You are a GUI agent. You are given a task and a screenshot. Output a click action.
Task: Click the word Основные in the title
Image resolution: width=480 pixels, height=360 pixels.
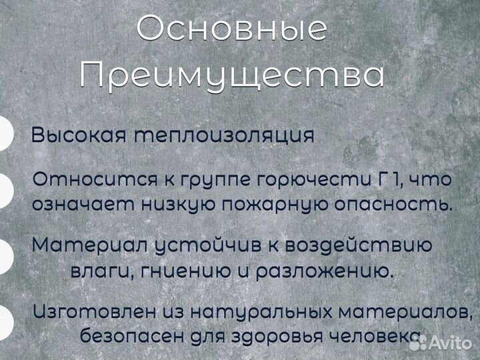tap(232, 29)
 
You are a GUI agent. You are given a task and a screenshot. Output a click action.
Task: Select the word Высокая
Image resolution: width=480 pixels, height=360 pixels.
tap(79, 135)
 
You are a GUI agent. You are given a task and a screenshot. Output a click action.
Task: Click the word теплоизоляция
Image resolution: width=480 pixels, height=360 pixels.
tap(224, 135)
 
